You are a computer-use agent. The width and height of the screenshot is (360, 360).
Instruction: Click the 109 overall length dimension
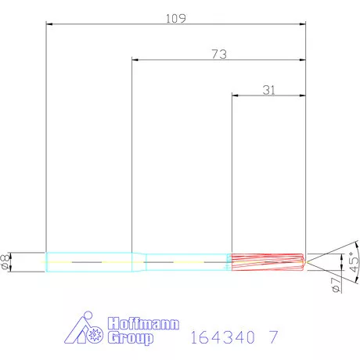coord(175,17)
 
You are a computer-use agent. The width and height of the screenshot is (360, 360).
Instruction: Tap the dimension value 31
coord(268,89)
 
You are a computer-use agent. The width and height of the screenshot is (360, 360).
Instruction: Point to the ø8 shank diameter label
coord(7,262)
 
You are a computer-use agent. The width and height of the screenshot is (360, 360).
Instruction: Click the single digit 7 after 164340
coord(272,338)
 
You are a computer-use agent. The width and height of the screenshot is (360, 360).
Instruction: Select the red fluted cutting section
coord(266,261)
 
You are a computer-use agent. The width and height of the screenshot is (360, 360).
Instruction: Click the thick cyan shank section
coord(90,261)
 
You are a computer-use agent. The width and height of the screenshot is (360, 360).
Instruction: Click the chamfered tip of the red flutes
coord(304,261)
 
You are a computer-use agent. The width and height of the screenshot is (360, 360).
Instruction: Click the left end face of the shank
coord(47,261)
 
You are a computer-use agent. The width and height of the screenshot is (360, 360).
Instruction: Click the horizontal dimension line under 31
coord(268,96)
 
